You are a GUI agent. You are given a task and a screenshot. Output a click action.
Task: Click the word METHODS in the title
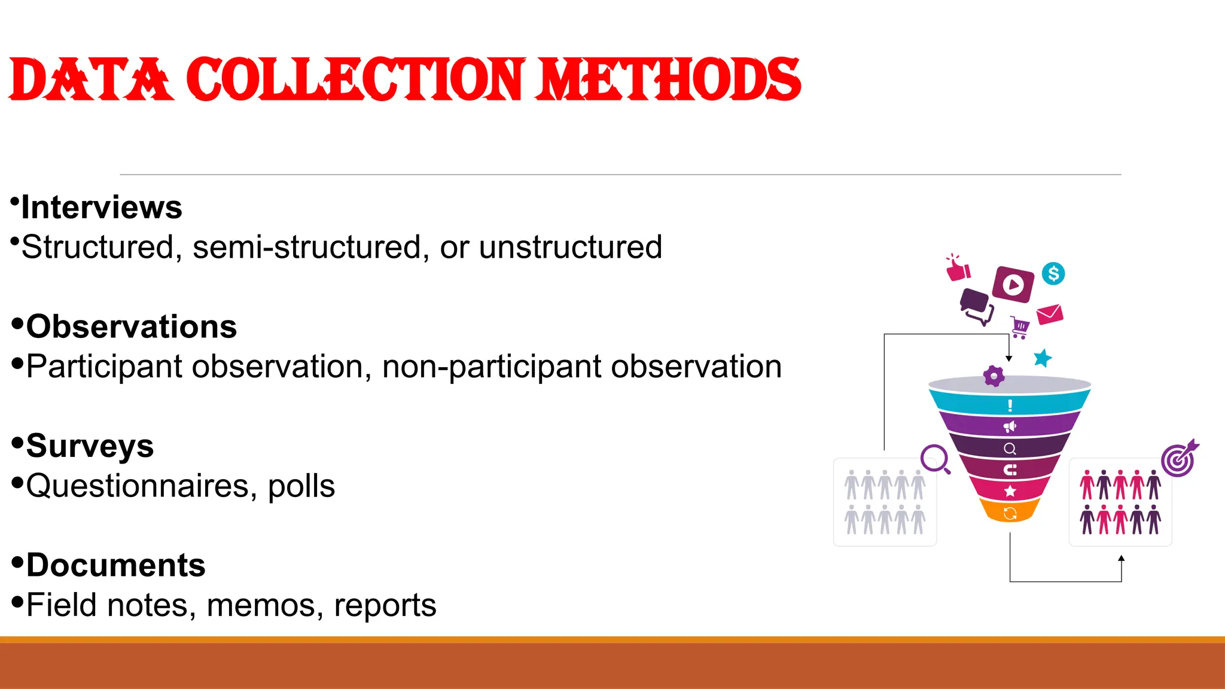(668, 80)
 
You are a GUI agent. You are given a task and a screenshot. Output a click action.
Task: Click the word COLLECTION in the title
(355, 80)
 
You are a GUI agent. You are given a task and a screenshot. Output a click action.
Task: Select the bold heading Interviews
(101, 208)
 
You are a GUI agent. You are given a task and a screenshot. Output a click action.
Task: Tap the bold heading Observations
(131, 327)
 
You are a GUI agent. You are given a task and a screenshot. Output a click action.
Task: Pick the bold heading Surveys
(90, 446)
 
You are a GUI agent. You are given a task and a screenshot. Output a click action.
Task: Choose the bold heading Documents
(115, 565)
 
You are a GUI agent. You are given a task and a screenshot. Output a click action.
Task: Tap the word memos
(260, 605)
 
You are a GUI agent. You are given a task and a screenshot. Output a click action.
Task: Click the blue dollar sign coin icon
(1053, 274)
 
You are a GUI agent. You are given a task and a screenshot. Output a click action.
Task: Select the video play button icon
(1013, 285)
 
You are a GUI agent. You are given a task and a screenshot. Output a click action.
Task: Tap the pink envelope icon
(1049, 314)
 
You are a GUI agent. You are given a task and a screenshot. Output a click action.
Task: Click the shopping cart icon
(1020, 327)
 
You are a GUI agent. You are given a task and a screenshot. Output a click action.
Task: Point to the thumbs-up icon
(958, 269)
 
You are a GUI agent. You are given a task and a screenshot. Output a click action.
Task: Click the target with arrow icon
(1179, 459)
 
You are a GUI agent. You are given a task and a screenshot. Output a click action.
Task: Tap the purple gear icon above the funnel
(994, 376)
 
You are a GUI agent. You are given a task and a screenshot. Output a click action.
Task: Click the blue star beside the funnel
(1043, 358)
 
